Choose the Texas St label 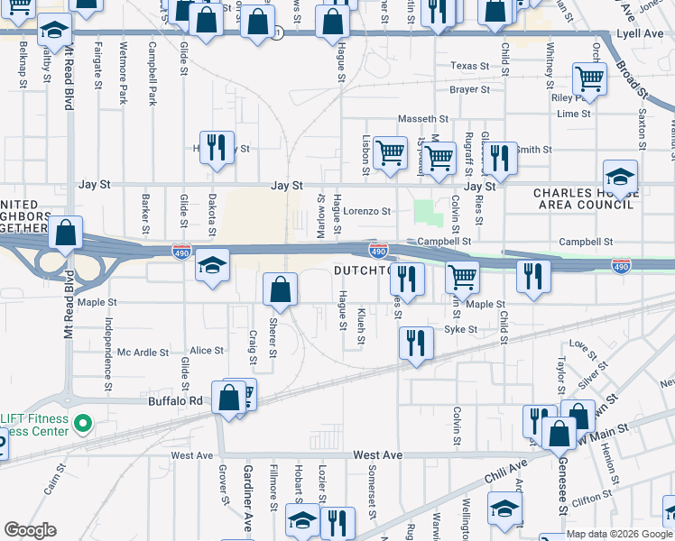469,66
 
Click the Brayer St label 469,90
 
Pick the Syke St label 460,330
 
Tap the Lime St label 573,114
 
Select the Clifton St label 592,498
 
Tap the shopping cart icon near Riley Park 589,79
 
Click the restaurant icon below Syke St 415,342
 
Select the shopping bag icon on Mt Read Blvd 67,234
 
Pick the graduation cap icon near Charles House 621,175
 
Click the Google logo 30,530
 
